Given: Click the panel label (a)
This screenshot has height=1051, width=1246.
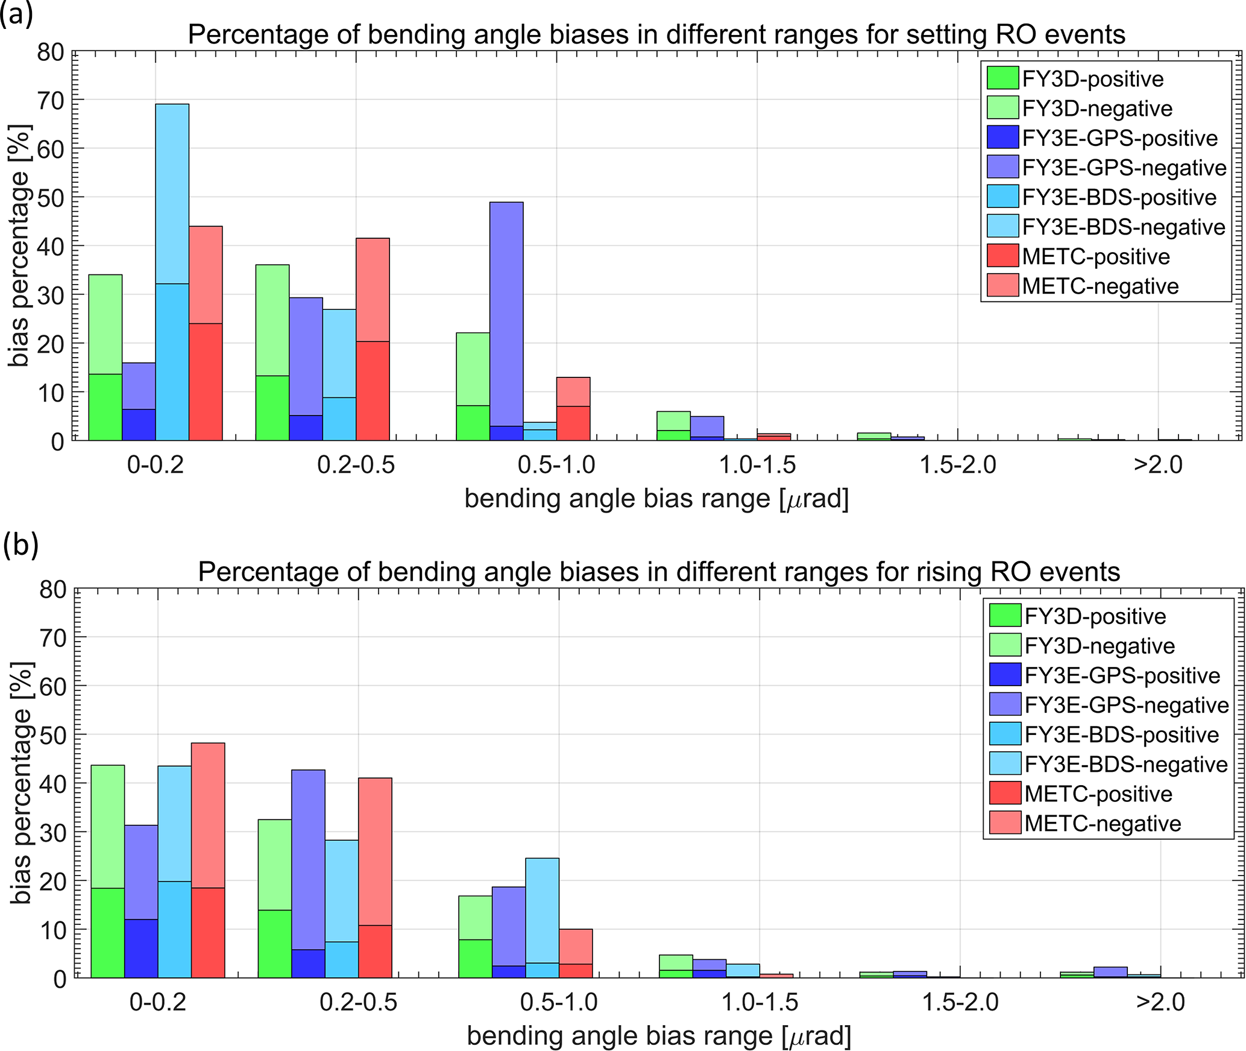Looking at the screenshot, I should coord(16,14).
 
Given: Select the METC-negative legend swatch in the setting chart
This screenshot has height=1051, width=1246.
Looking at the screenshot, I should coord(1002,286).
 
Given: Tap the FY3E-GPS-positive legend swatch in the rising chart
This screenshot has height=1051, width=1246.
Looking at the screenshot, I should coord(1005,675).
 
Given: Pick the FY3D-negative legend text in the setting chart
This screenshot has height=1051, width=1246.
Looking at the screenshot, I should coord(1097,109).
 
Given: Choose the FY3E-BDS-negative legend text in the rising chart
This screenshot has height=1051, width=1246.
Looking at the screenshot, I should coord(1126,764).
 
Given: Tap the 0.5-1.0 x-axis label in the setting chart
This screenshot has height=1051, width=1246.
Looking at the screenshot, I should coord(556,465).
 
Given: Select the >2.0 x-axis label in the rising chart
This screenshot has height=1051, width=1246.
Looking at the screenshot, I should coord(1160,1002).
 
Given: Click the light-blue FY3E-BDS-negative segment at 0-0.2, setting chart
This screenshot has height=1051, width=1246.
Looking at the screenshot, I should coord(172,193).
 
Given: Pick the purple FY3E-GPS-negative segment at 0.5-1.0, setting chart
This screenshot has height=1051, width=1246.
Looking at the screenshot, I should coord(506,314).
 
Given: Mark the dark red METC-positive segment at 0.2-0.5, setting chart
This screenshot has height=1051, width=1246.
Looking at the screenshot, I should coord(373,390).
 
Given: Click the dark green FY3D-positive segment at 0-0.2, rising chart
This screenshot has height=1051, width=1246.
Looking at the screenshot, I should coord(108,932).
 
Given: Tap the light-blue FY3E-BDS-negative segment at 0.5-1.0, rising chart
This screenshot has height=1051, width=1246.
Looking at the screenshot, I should coord(542,911).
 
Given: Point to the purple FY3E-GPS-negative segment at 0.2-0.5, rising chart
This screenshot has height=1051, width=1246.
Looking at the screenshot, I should coord(308,859).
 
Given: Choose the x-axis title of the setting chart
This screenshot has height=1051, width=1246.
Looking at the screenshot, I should coord(656,499).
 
